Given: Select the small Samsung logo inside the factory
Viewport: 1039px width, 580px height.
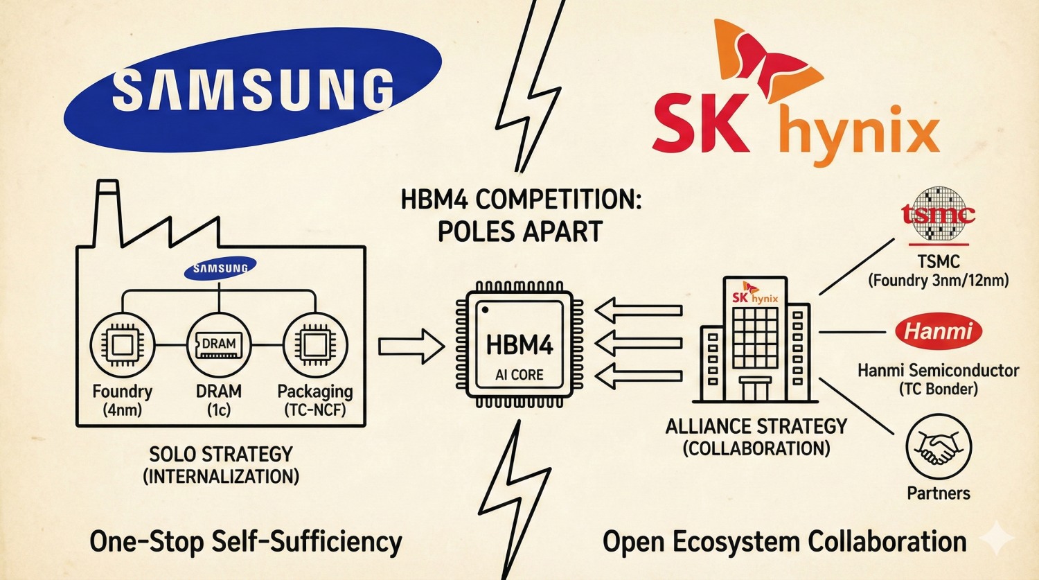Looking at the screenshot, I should point(220,268).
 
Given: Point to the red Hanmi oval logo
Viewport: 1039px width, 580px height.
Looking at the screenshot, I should point(939,331).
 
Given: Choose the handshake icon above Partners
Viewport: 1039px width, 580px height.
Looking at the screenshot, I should point(939,447).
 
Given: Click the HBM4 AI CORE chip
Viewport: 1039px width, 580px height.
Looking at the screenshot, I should point(519,345).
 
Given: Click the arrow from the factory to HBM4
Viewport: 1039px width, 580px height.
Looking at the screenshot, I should point(411,345).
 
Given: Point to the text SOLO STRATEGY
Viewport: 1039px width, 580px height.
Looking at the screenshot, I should point(221,455).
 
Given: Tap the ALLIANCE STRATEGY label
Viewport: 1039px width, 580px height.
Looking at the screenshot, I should point(756,425).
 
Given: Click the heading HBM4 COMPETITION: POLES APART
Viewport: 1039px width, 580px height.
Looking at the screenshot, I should point(521,216).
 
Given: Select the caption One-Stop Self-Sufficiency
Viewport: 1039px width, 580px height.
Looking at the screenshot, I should point(245,541).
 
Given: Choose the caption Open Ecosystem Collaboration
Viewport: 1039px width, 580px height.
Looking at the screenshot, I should point(784,541).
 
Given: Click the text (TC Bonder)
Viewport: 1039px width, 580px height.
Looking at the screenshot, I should point(938,389).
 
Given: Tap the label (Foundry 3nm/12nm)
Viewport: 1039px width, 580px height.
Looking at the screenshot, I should point(938,281).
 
